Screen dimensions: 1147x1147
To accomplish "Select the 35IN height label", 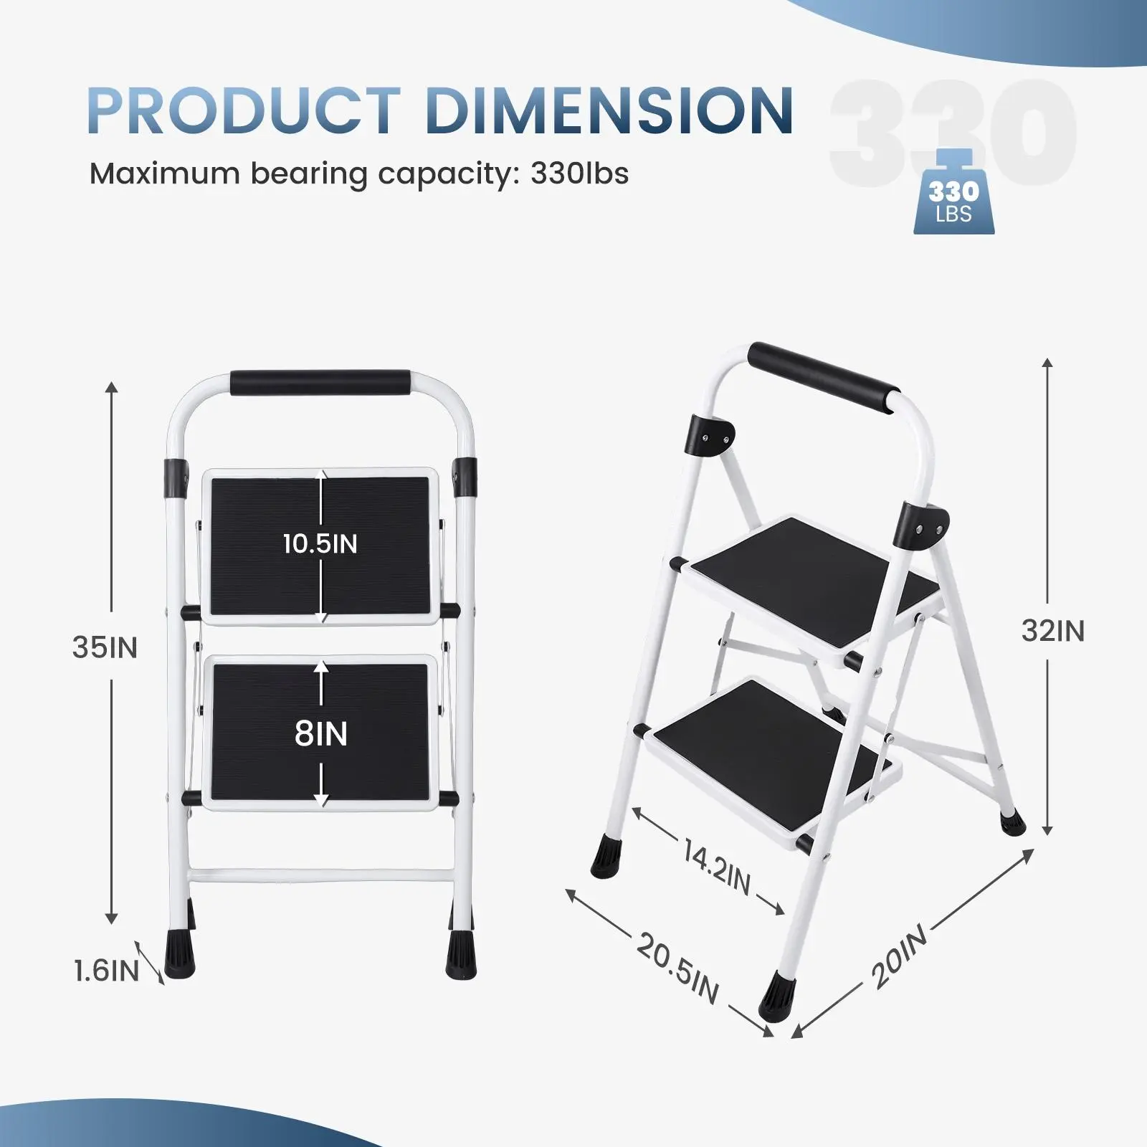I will pos(105,647).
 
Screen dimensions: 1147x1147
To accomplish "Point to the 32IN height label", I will pos(1052,631).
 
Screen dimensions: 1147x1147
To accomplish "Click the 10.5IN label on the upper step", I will pos(320,543).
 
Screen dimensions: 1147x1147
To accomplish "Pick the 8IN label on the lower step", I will pos(320,733).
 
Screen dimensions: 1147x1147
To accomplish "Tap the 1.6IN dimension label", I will pos(106,971).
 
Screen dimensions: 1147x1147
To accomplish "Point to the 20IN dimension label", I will pos(900,957).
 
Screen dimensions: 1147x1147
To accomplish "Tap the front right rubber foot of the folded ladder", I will pos(460,950).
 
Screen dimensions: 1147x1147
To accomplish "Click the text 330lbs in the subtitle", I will pos(579,174).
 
